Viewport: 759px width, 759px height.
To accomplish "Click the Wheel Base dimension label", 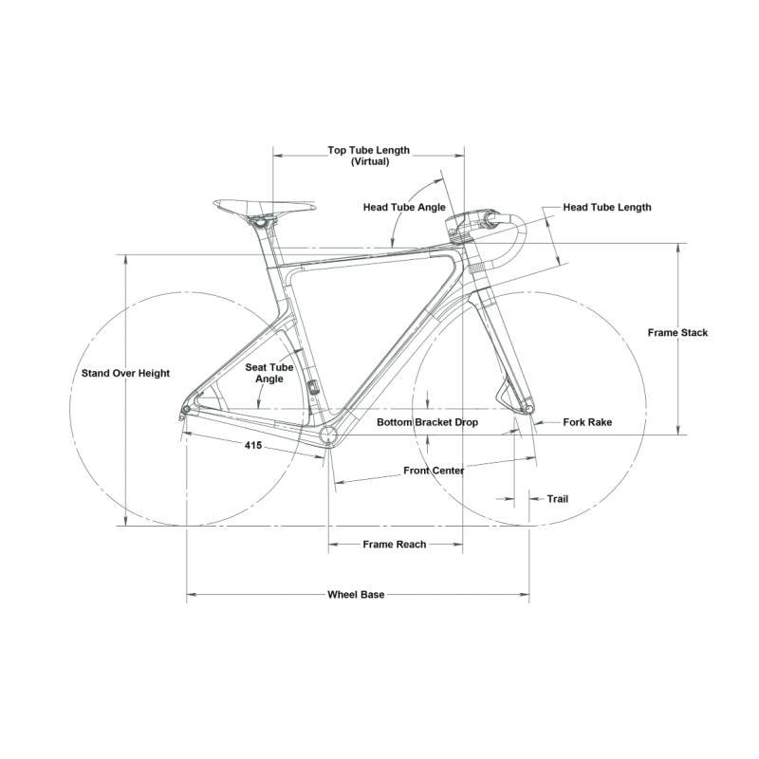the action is point(356,595).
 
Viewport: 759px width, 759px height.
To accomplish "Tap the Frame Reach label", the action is point(395,545).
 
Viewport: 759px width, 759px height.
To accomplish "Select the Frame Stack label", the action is point(677,333).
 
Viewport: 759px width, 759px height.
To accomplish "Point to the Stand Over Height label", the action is point(125,373).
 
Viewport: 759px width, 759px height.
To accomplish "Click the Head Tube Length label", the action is point(607,207).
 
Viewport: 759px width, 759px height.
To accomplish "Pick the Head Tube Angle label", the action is point(404,207).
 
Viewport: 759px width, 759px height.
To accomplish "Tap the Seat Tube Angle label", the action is point(269,373).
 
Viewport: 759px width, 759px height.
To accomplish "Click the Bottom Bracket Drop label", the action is point(428,422).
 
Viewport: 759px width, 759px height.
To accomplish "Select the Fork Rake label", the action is point(587,422).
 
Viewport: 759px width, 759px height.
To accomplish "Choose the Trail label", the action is point(558,499).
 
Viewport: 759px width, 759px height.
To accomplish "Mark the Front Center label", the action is point(434,471).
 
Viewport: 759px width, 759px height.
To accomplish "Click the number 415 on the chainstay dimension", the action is point(253,445).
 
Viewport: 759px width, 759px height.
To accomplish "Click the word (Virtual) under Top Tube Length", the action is point(370,161).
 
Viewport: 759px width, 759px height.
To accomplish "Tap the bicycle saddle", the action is point(264,207).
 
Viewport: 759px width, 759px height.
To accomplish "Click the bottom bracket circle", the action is point(328,435).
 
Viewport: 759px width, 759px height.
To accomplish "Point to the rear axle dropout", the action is point(185,410).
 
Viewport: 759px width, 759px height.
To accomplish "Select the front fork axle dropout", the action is point(529,410).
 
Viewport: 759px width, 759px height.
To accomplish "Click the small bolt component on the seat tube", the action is point(313,387).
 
